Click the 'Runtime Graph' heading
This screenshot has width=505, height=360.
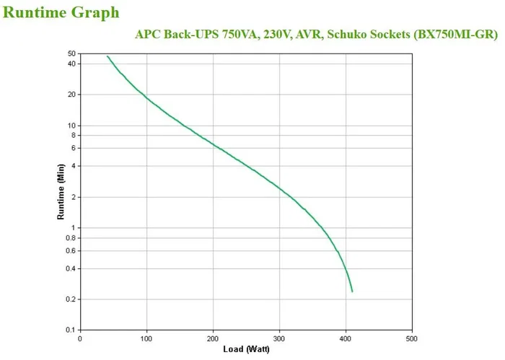click(61, 12)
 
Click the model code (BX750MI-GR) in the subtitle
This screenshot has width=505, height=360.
click(457, 34)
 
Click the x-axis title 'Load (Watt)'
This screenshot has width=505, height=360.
click(245, 349)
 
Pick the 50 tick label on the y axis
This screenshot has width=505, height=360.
click(71, 54)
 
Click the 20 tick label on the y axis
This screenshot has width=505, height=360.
click(71, 95)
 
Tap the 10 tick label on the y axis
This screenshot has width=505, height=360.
click(71, 126)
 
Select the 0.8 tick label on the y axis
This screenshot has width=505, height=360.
click(70, 238)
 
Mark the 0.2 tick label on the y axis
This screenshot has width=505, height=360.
click(70, 299)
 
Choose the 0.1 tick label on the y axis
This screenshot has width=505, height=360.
click(70, 330)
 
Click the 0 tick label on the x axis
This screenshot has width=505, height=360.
click(80, 338)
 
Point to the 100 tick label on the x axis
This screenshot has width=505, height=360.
click(146, 338)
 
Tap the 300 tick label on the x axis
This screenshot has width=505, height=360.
click(279, 338)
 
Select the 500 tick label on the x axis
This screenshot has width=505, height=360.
click(412, 338)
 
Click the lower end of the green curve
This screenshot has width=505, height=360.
click(352, 291)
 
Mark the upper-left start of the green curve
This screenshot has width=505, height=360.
click(107, 56)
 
